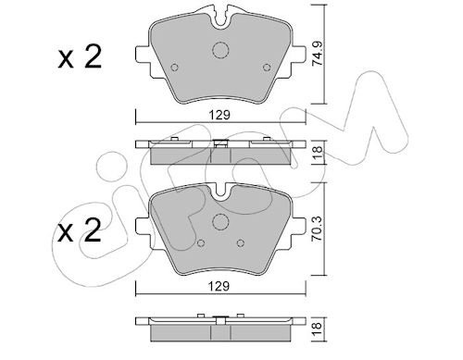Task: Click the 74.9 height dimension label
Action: tap(318, 54)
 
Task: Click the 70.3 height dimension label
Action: tap(318, 229)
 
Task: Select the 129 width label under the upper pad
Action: tap(219, 115)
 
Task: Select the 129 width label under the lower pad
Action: tap(219, 287)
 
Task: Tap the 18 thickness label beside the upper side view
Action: tap(318, 152)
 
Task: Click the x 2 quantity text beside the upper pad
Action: tap(80, 57)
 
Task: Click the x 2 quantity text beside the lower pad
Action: tap(80, 231)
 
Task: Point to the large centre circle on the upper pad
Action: tap(220, 50)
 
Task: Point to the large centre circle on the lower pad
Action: tap(220, 221)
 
